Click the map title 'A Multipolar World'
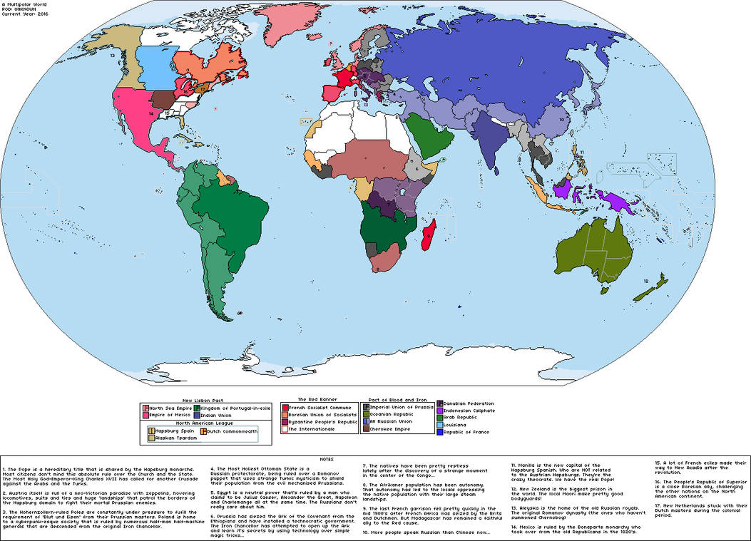point(21,4)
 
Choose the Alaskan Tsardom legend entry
point(170,438)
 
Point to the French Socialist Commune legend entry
point(318,406)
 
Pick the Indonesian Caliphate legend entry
point(471,410)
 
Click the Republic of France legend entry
point(468,431)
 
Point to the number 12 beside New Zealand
point(645,282)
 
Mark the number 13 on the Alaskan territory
point(113,54)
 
